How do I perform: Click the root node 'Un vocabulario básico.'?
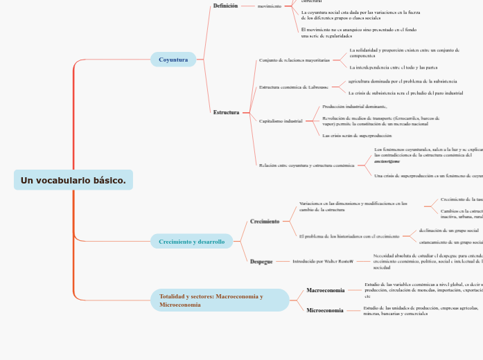tap(73, 180)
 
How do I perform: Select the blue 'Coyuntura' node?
tap(173, 60)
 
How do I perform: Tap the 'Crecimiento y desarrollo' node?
tap(191, 242)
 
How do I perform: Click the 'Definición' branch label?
tap(225, 6)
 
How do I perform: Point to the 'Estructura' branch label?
tap(226, 112)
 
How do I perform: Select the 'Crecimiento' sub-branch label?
tap(265, 222)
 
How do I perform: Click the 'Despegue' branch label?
tap(261, 262)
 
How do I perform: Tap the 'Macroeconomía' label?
tap(325, 291)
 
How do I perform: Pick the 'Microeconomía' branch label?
tap(324, 310)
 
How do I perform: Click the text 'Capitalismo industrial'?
tap(281, 120)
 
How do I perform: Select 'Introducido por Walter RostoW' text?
tap(322, 262)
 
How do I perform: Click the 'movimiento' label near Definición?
tap(269, 6)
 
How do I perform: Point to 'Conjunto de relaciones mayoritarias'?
tap(294, 60)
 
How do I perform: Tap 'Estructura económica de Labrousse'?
tap(293, 87)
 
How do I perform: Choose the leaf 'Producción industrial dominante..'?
tap(355, 107)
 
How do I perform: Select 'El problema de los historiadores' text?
tap(349, 236)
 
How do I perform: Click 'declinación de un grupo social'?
tap(448, 231)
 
